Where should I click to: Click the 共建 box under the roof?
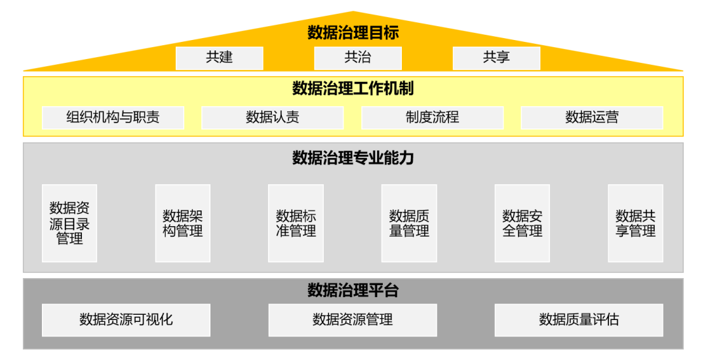219,58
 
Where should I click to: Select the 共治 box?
357,58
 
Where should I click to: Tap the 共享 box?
496,58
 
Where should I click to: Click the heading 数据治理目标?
353,32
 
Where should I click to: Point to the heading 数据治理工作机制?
353,88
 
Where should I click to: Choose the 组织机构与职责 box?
113,117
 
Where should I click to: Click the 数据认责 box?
272,117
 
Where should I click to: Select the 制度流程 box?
432,117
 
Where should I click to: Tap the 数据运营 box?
591,117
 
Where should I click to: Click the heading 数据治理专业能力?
353,158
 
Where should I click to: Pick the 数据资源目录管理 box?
69,223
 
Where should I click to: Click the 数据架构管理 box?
183,223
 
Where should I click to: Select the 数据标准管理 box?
296,223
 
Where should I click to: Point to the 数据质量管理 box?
409,223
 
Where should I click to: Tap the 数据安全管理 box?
522,223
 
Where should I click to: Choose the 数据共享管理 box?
635,223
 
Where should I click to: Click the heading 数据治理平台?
353,290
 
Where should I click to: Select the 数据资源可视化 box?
126,320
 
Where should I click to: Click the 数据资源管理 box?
353,320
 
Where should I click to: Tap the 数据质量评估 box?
579,320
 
